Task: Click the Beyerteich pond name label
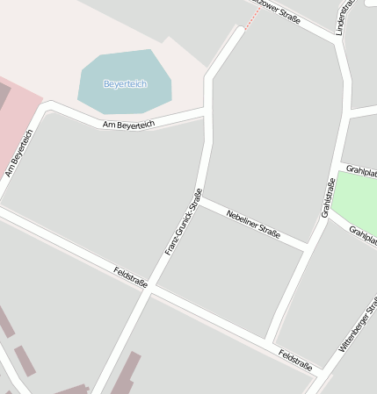(125, 84)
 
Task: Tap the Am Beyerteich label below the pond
(128, 125)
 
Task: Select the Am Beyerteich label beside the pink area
(18, 153)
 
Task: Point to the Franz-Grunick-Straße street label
(184, 221)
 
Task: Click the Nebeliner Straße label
(252, 223)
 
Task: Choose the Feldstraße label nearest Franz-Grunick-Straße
(130, 277)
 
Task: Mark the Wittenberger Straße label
(358, 325)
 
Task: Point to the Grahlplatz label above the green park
(361, 169)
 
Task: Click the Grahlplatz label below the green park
(362, 234)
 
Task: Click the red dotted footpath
(251, 18)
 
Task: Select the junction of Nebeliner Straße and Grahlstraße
(308, 246)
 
